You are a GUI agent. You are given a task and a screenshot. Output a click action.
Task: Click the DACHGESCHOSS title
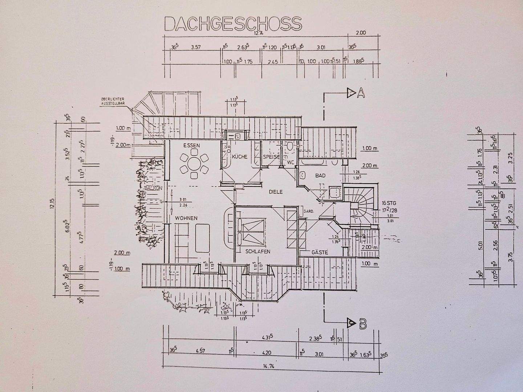[233, 23]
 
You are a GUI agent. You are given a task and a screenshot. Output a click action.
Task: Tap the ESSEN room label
[192, 145]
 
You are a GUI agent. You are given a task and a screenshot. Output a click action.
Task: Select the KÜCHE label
[240, 157]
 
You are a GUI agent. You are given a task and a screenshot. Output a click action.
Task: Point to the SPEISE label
[272, 157]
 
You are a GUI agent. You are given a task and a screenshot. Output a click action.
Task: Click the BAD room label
[320, 175]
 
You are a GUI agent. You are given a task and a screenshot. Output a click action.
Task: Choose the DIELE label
[276, 192]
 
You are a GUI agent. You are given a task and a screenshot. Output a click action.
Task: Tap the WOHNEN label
[186, 218]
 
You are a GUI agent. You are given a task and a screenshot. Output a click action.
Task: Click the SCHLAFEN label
[258, 251]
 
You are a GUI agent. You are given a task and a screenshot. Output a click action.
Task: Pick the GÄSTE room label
[320, 252]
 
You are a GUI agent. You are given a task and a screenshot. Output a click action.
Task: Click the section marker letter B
[362, 324]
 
